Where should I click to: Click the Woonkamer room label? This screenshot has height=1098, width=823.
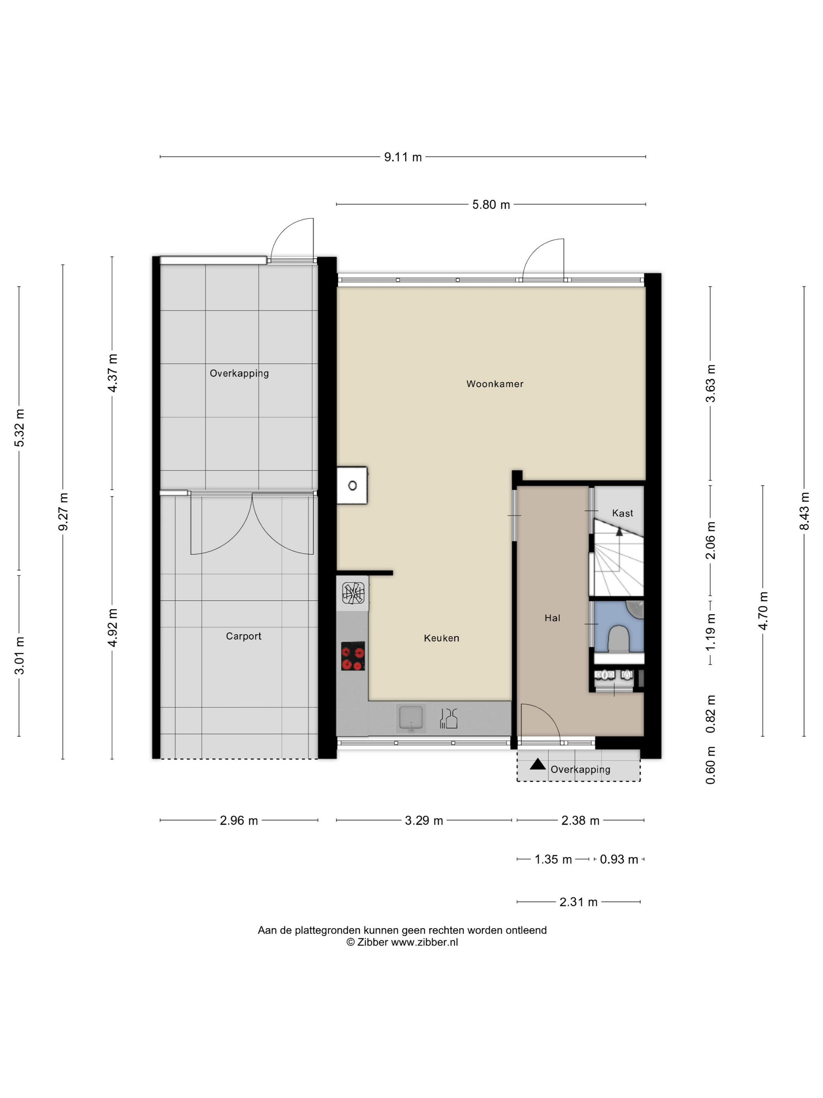tap(495, 384)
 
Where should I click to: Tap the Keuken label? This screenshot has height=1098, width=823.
tap(442, 638)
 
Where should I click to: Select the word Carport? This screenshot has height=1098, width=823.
tap(244, 636)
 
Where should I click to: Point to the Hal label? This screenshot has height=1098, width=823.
tap(552, 618)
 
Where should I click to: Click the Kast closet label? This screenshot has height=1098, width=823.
tap(623, 513)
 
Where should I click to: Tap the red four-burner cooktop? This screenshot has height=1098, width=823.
tap(353, 656)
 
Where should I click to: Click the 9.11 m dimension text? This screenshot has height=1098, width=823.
tap(403, 157)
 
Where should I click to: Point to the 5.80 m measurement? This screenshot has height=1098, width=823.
tap(491, 205)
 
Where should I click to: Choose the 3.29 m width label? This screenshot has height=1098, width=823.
tap(424, 820)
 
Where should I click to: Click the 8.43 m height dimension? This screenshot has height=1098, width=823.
tap(804, 511)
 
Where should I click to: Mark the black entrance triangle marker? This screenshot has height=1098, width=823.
tap(538, 764)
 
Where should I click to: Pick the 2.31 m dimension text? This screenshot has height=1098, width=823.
tap(578, 902)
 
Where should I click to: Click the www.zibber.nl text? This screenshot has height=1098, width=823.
tap(425, 942)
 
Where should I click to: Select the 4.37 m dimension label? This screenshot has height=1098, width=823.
tap(112, 373)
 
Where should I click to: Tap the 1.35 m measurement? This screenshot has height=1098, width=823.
tap(553, 859)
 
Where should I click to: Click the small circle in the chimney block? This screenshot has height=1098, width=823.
tap(352, 485)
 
